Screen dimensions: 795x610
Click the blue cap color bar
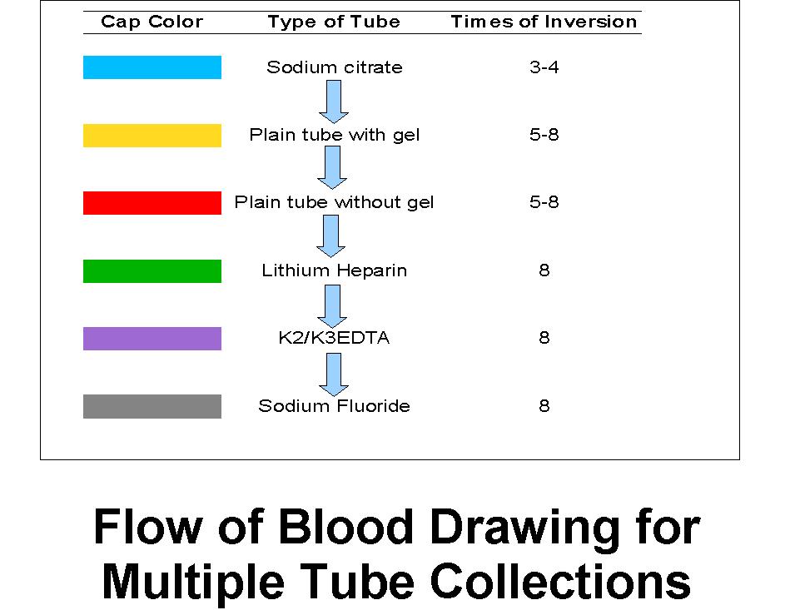coord(152,67)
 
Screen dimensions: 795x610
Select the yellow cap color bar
coord(152,136)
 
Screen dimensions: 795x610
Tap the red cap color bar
coord(152,203)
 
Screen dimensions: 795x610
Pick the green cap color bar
coord(152,271)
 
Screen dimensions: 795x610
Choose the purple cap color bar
coord(152,339)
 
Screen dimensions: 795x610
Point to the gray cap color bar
coord(152,406)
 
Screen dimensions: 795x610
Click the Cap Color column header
coord(152,22)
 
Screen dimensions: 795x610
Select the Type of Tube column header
coord(334,22)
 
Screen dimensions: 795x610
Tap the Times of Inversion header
coord(544,22)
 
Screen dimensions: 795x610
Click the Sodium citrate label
coord(335,67)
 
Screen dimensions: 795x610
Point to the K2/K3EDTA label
coord(334,338)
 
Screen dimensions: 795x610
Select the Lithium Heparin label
coord(334,270)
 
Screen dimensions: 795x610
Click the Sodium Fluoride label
coord(334,406)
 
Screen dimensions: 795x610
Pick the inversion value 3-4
coord(544,67)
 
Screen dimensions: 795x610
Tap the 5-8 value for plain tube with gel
coord(544,135)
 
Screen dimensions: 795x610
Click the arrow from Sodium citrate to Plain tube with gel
coord(334,102)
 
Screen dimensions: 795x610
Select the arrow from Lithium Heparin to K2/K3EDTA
coord(332,306)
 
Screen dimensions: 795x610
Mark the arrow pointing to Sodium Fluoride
coord(334,374)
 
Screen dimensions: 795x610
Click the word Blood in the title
coord(345,527)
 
